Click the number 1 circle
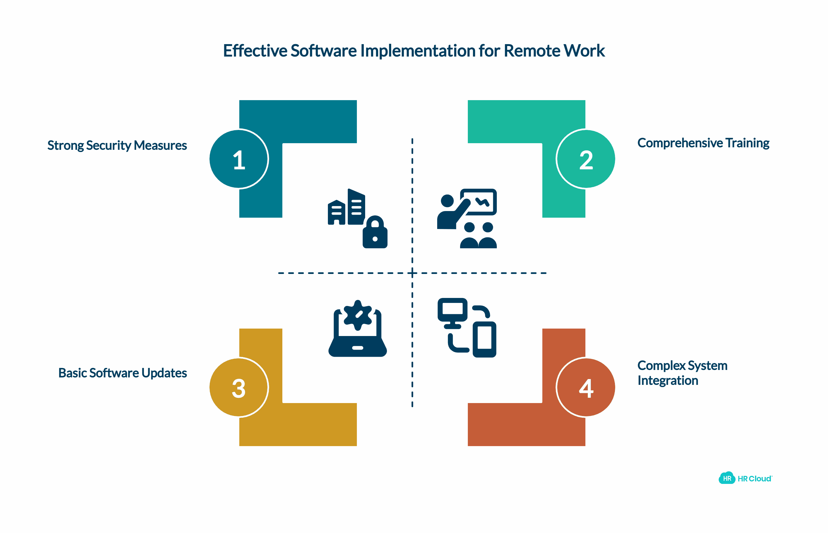(239, 159)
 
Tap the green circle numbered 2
(586, 159)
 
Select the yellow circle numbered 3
(239, 387)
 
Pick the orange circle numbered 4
(586, 387)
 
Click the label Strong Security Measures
(117, 145)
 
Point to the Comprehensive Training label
(703, 143)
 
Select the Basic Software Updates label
(123, 373)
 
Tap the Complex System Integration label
(682, 373)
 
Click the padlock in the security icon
(375, 233)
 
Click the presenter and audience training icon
(467, 218)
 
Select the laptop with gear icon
(358, 329)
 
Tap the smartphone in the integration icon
(484, 339)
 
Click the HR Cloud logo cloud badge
(727, 478)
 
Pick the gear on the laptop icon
(358, 315)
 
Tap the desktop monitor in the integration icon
(452, 310)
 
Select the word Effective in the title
(255, 51)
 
